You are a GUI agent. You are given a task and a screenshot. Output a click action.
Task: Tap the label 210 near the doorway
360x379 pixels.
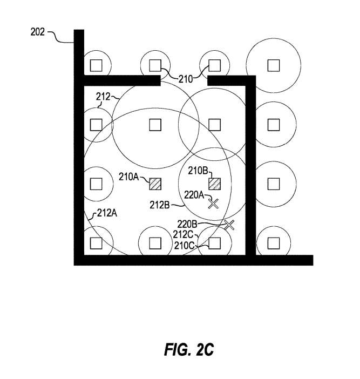coord(186,79)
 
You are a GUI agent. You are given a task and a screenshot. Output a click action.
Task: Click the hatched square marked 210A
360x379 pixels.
coord(155,184)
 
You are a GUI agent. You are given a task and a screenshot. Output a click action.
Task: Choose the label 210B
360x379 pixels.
coord(198,171)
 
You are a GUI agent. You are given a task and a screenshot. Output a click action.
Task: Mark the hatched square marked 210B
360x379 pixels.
coord(215,184)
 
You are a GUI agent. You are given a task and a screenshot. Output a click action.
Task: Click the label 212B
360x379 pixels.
coord(160,205)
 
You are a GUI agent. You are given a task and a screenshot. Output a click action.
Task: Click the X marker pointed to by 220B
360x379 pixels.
coord(229,225)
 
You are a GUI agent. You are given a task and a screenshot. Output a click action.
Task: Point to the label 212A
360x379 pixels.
coord(107,213)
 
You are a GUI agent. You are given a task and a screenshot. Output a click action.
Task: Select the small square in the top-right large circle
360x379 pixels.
coord(274,65)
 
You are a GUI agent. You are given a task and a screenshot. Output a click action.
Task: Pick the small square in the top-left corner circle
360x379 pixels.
coord(96,65)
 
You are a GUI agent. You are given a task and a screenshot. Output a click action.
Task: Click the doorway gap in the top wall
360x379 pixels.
coord(185,81)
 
